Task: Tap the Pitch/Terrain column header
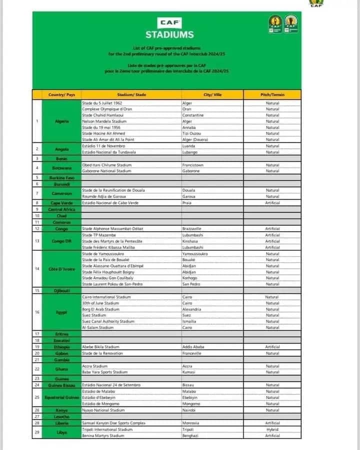coord(272,94)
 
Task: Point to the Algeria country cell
coord(61,121)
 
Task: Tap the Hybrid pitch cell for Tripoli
coord(272,430)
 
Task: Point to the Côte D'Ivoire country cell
coord(61,269)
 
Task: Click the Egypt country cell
coord(61,312)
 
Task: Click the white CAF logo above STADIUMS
coord(169,23)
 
